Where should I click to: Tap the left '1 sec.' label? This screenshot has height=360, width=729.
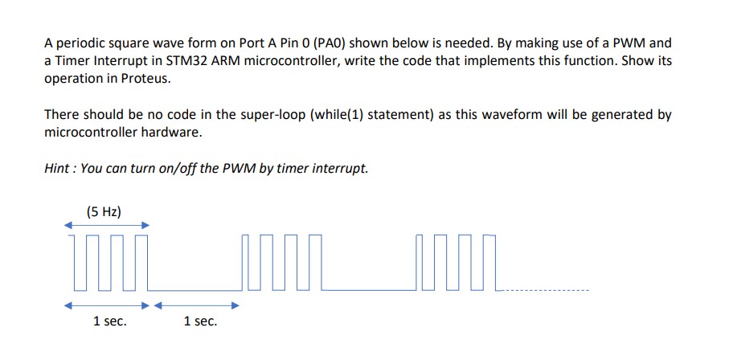tap(110, 321)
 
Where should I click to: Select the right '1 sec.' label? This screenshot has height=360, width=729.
tap(200, 321)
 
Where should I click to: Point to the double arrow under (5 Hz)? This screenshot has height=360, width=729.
tap(108, 226)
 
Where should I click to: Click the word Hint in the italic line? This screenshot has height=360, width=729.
tap(56, 169)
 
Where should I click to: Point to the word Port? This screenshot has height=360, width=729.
tap(252, 43)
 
